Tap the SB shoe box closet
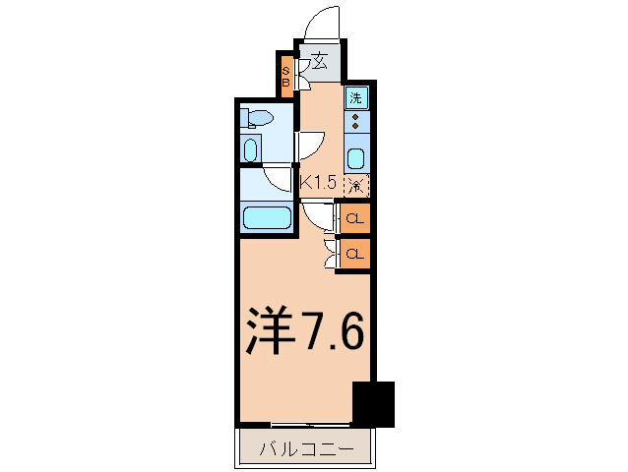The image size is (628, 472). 286,77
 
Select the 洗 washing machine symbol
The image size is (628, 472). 356,97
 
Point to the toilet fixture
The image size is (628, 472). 257,120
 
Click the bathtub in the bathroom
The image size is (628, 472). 266,217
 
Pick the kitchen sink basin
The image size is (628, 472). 356,158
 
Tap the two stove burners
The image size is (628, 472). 356,122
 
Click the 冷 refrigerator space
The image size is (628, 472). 356,184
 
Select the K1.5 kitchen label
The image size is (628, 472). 318,182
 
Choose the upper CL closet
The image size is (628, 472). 356,217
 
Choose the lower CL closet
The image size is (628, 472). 356,254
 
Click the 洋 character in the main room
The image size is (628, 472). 271,331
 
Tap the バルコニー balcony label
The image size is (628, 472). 306,451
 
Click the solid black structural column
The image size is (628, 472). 373,402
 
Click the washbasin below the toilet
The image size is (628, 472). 251,150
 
